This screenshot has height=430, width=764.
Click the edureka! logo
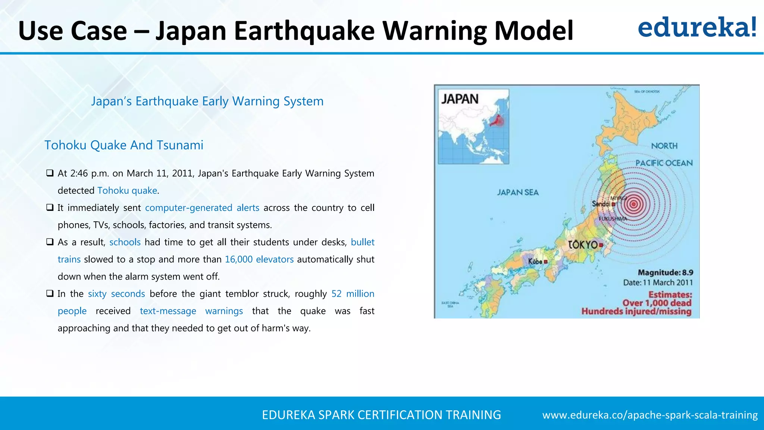697,28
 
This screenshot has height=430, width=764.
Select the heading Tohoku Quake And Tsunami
124,145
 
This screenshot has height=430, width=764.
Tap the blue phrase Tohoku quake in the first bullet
127,190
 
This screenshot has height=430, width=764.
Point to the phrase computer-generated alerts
202,208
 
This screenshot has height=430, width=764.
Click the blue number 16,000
239,259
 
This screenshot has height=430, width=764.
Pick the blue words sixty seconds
116,294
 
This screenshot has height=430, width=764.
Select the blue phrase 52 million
353,294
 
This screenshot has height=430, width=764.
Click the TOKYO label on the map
583,245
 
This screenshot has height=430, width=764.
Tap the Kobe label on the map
535,262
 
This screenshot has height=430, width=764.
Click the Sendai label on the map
601,204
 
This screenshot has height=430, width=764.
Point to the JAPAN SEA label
518,192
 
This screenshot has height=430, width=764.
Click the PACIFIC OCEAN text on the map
664,163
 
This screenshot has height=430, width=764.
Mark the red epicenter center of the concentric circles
633,204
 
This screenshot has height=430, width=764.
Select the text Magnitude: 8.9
665,272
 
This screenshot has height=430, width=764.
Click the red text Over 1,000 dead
657,303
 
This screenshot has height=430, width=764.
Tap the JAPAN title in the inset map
460,99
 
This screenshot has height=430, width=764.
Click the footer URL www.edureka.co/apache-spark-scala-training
650,415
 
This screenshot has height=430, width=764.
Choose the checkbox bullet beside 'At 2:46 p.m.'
50,173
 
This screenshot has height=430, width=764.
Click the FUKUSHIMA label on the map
613,219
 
